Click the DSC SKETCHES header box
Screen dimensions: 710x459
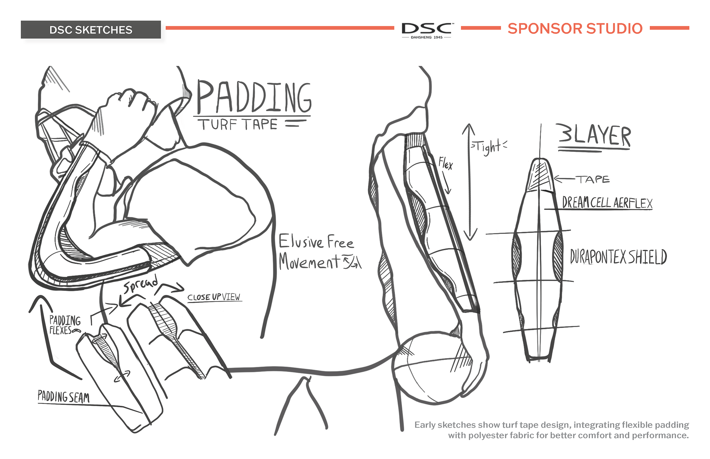[91, 30]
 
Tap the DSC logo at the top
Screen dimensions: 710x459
[427, 30]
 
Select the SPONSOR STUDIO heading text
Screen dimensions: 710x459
[575, 28]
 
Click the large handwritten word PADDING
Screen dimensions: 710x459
[254, 97]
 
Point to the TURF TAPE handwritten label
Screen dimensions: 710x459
[239, 125]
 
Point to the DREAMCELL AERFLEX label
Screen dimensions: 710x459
[607, 203]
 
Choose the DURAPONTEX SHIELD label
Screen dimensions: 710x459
[618, 257]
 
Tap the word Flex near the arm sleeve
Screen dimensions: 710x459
[446, 163]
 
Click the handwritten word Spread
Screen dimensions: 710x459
[141, 284]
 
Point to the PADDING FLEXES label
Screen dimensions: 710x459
[65, 325]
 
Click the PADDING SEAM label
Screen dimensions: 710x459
[64, 397]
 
